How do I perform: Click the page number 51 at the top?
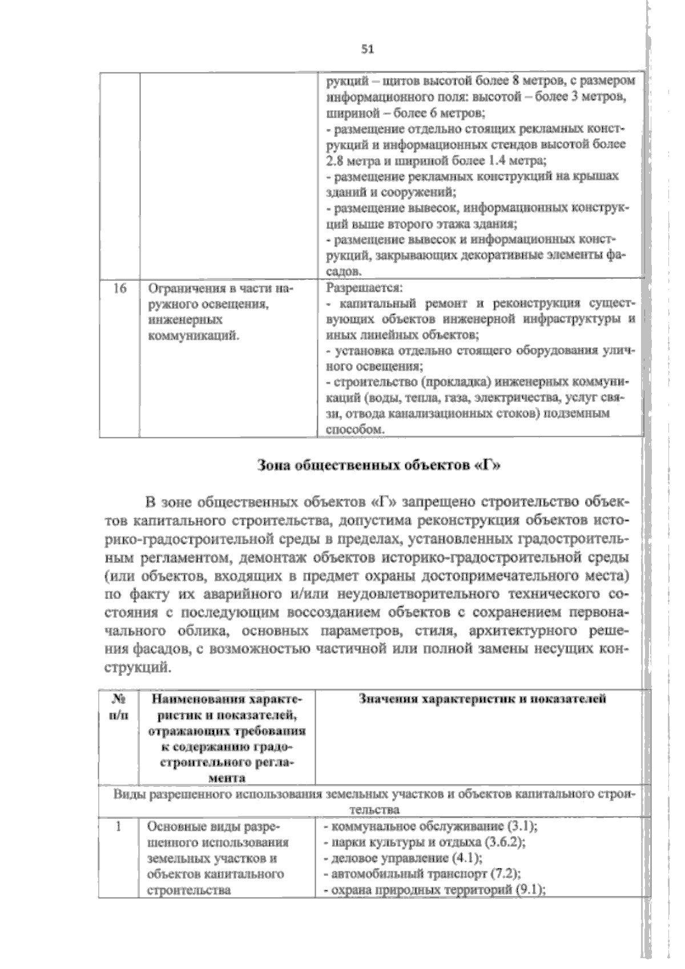(x=367, y=49)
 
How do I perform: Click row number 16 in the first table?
(x=119, y=288)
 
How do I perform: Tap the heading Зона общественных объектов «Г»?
(x=379, y=464)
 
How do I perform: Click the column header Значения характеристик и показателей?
(x=482, y=699)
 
